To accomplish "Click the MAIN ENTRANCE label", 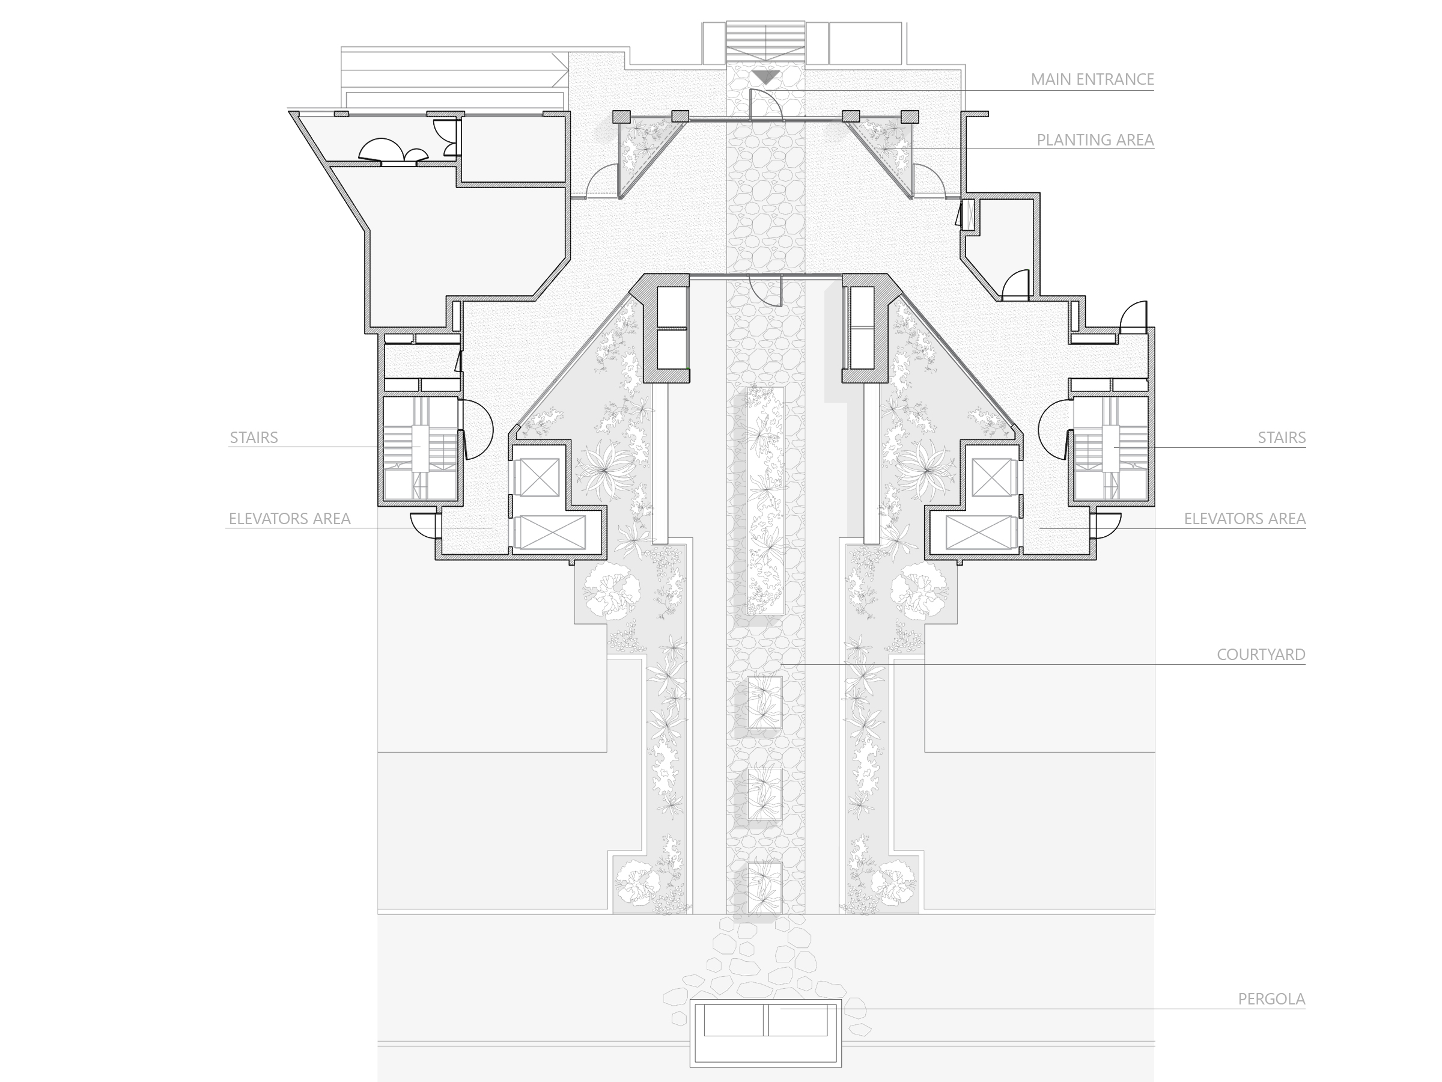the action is click(x=1092, y=79).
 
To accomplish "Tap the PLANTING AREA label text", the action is click(x=1095, y=140).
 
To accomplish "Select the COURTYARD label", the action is click(x=1261, y=655).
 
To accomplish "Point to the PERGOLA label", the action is click(x=1271, y=999).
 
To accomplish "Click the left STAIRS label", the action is click(x=254, y=438).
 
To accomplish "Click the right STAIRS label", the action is click(x=1282, y=438).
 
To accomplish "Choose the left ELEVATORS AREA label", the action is click(x=290, y=519).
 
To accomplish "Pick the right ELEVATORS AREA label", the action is click(x=1244, y=519).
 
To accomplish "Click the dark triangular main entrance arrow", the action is click(x=765, y=78).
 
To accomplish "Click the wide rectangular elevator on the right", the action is click(x=980, y=532).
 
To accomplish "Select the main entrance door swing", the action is click(x=767, y=105).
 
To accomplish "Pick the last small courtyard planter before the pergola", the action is click(x=765, y=888).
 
